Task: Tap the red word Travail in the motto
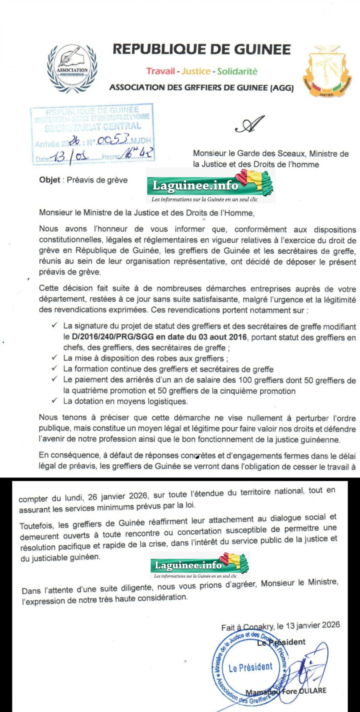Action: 161,71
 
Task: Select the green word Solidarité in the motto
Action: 237,71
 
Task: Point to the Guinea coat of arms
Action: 327,71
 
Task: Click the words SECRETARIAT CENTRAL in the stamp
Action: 93,127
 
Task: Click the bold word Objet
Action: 50,180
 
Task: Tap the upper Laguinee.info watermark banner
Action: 210,186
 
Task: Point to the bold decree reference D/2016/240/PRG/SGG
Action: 112,337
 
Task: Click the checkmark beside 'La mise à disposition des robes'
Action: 55,358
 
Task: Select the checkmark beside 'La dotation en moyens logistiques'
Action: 55,400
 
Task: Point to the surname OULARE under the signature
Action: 312,691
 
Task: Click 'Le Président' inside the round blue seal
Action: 250,667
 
